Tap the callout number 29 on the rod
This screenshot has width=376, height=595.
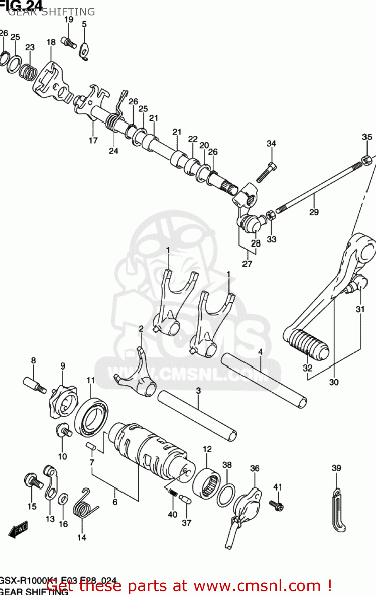click(x=314, y=212)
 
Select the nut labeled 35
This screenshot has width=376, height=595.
click(x=366, y=160)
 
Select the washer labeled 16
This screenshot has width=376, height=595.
click(x=63, y=499)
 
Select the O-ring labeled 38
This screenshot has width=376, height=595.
click(x=226, y=495)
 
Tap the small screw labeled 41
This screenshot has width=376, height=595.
click(x=276, y=505)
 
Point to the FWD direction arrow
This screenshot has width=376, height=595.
click(x=18, y=529)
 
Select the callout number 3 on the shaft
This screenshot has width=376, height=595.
click(x=198, y=391)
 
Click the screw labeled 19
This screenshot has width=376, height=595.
click(x=69, y=42)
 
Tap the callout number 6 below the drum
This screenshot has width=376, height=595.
click(x=115, y=502)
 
